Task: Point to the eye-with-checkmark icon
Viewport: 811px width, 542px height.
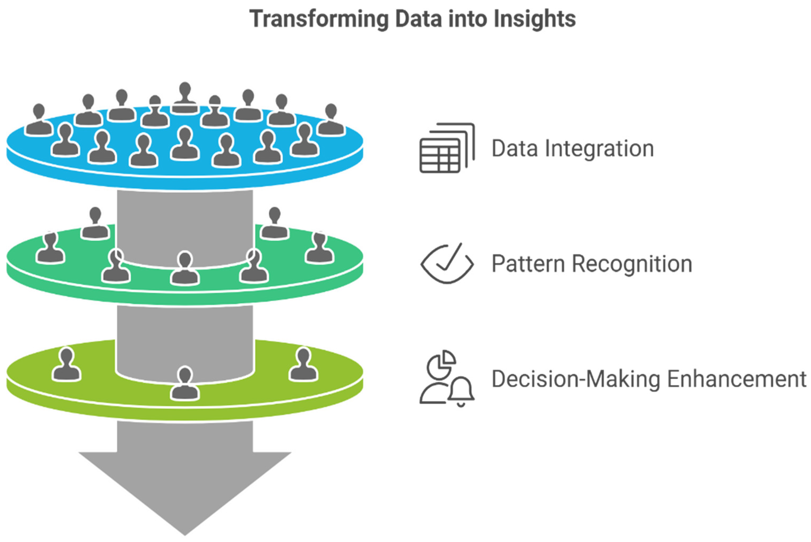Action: point(447,264)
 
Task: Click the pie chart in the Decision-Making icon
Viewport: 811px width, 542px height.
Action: point(441,365)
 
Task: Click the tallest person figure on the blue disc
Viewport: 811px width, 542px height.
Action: point(185,98)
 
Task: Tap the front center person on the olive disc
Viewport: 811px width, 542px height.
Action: point(185,384)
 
